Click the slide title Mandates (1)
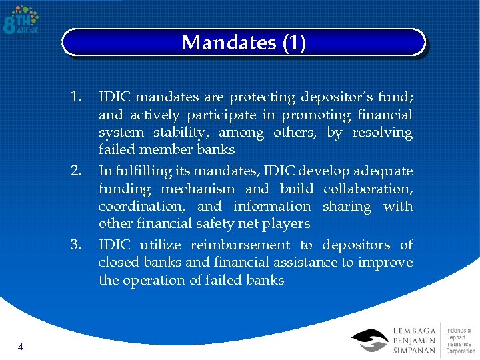tap(243, 43)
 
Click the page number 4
tap(21, 347)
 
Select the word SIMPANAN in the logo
tap(414, 351)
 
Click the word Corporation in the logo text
tap(460, 351)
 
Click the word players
tap(288, 223)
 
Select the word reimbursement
tap(241, 245)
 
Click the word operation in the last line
tap(149, 280)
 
